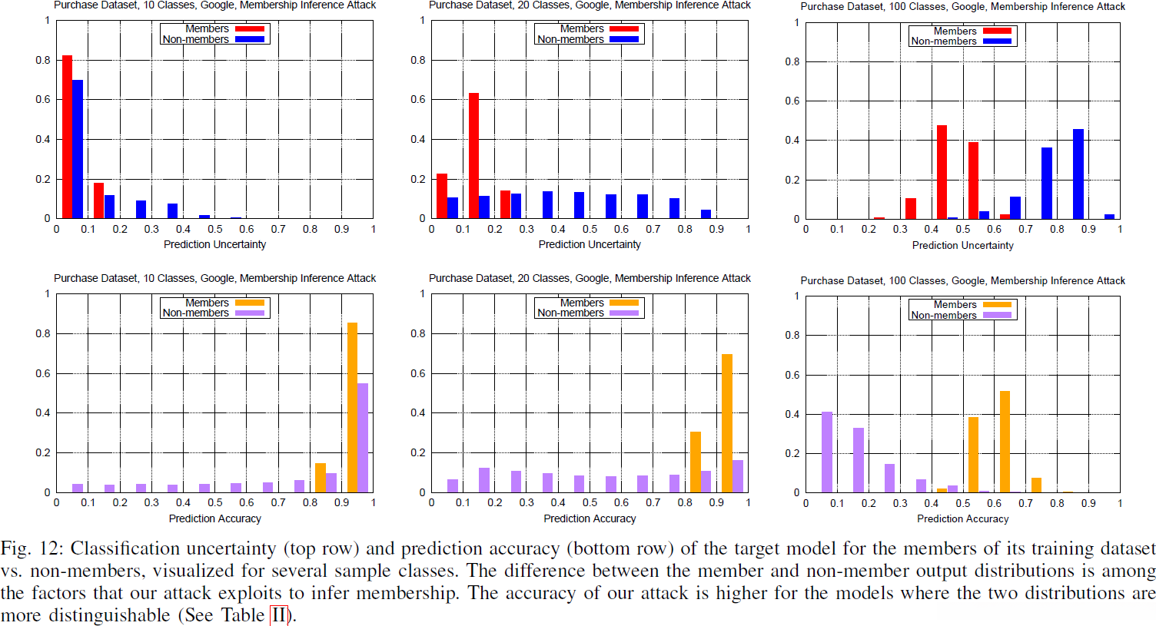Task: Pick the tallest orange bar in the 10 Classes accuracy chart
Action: click(x=352, y=407)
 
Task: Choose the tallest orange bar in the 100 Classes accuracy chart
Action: click(x=1005, y=442)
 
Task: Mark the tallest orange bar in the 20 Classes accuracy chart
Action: click(x=727, y=423)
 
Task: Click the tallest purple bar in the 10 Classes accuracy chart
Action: click(x=363, y=437)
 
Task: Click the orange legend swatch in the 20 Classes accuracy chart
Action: click(x=623, y=303)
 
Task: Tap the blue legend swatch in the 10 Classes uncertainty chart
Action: click(x=249, y=39)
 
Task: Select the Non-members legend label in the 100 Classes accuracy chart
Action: click(x=943, y=315)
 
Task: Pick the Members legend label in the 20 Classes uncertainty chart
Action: click(x=581, y=28)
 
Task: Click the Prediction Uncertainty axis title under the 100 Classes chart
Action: click(x=962, y=245)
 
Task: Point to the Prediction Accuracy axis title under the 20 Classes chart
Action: click(x=590, y=518)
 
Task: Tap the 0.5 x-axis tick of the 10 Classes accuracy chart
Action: click(x=215, y=503)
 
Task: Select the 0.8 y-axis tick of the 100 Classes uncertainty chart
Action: click(x=792, y=61)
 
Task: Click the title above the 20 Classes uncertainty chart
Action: click(x=590, y=5)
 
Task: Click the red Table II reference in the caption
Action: click(x=278, y=615)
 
